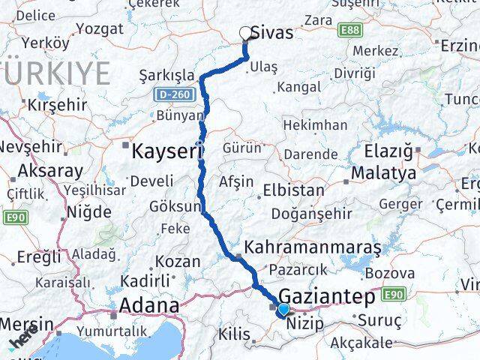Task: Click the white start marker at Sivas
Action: pos(245,32)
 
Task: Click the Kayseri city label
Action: pos(165,151)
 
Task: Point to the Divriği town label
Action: pos(354,73)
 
